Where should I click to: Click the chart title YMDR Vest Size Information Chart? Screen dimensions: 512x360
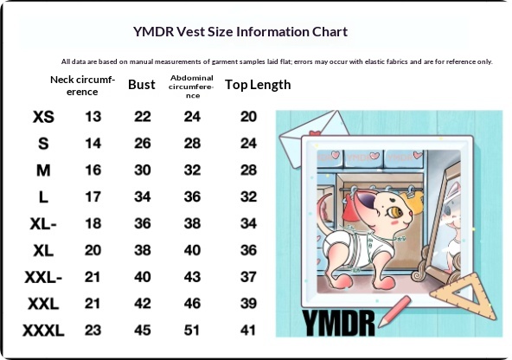pyautogui.click(x=240, y=32)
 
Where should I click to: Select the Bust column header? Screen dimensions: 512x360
pyautogui.click(x=141, y=85)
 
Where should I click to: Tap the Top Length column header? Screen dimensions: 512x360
pyautogui.click(x=258, y=85)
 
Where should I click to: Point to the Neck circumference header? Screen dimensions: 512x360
pyautogui.click(x=82, y=86)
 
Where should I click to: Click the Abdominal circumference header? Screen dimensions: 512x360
pyautogui.click(x=192, y=87)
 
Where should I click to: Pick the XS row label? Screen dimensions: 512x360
pyautogui.click(x=43, y=117)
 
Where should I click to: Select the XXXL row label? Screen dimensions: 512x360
pyautogui.click(x=43, y=331)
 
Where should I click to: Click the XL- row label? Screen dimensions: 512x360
pyautogui.click(x=43, y=224)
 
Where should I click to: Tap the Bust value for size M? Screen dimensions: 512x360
pyautogui.click(x=143, y=170)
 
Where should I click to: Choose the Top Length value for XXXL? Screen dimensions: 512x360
pyautogui.click(x=248, y=331)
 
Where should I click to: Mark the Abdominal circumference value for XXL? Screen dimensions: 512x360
pyautogui.click(x=192, y=304)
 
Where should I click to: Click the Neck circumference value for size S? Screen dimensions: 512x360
pyautogui.click(x=93, y=144)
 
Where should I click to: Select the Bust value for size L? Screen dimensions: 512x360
pyautogui.click(x=143, y=197)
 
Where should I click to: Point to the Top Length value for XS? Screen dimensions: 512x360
pyautogui.click(x=248, y=117)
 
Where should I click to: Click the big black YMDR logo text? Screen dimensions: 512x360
pyautogui.click(x=338, y=323)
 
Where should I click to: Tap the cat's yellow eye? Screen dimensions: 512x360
pyautogui.click(x=394, y=212)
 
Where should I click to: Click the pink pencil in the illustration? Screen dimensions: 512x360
pyautogui.click(x=394, y=312)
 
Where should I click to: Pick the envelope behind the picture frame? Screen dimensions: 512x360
pyautogui.click(x=312, y=138)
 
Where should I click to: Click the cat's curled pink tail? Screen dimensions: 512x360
pyautogui.click(x=323, y=207)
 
